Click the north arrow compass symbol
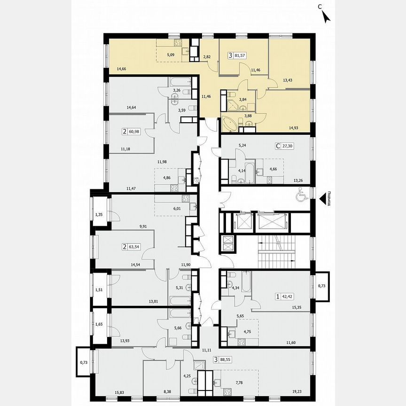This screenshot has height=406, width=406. point(325,16)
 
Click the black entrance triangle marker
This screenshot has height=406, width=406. point(323,200)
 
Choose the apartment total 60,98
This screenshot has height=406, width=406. point(137,132)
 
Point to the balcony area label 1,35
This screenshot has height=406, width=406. point(100,215)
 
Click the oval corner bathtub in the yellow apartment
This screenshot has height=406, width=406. point(231,124)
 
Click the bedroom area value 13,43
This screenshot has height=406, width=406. point(288,79)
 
